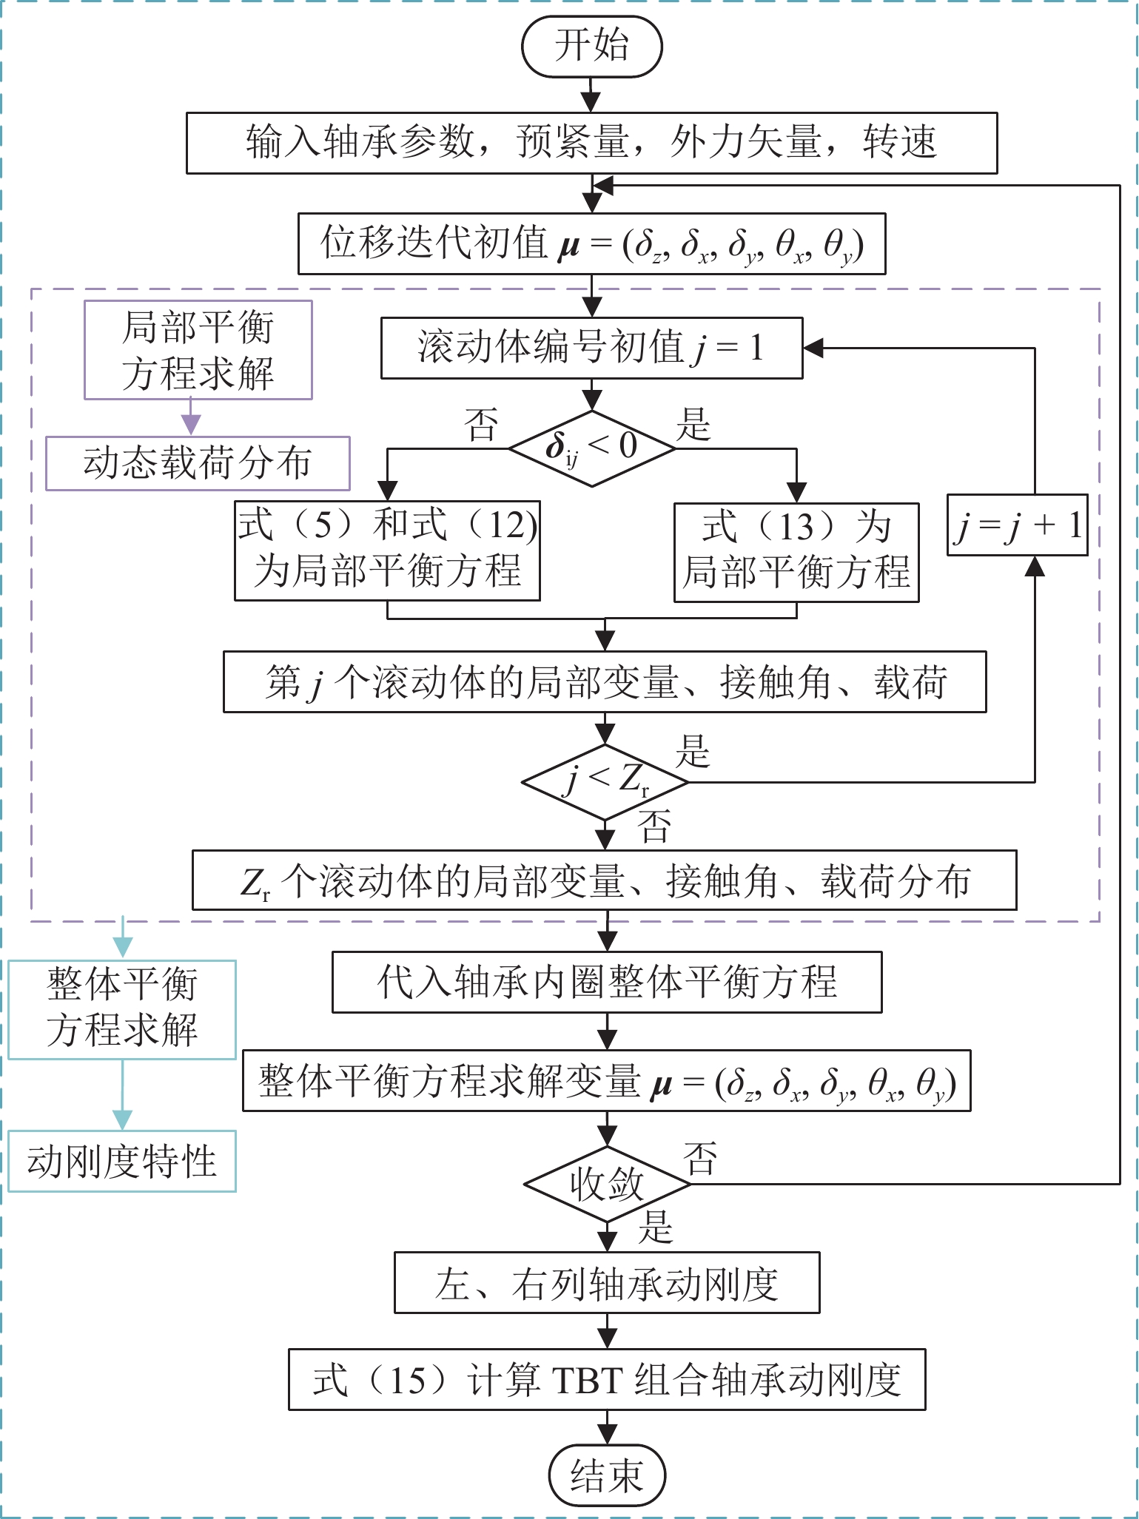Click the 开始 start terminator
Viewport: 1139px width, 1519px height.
coord(591,46)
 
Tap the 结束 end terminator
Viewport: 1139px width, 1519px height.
coord(607,1475)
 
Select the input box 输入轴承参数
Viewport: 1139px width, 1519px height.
coord(591,143)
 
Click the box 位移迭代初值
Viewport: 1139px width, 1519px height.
coord(591,244)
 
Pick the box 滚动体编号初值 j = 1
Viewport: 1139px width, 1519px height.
coord(591,348)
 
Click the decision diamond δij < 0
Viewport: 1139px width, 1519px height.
coord(591,448)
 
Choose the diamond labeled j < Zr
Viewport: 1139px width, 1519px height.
coord(605,781)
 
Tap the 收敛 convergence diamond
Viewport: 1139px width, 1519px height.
coord(607,1184)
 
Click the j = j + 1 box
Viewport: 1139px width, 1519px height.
coord(1018,525)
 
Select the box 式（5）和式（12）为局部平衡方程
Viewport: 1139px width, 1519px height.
coord(387,550)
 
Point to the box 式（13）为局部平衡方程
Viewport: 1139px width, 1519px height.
coord(796,552)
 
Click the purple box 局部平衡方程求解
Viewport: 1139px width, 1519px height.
coord(198,349)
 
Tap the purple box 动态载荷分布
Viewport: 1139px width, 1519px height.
coord(198,463)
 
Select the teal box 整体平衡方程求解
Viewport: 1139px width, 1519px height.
coord(122,1009)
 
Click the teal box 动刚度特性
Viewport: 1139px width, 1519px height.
coord(122,1161)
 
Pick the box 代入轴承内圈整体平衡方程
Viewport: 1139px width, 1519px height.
coord(607,982)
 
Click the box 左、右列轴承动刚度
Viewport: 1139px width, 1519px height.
coord(607,1282)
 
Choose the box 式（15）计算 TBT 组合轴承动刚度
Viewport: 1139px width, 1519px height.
coord(607,1380)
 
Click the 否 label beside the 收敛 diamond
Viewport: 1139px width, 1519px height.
coord(700,1159)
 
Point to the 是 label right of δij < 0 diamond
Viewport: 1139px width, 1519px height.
coord(693,425)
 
